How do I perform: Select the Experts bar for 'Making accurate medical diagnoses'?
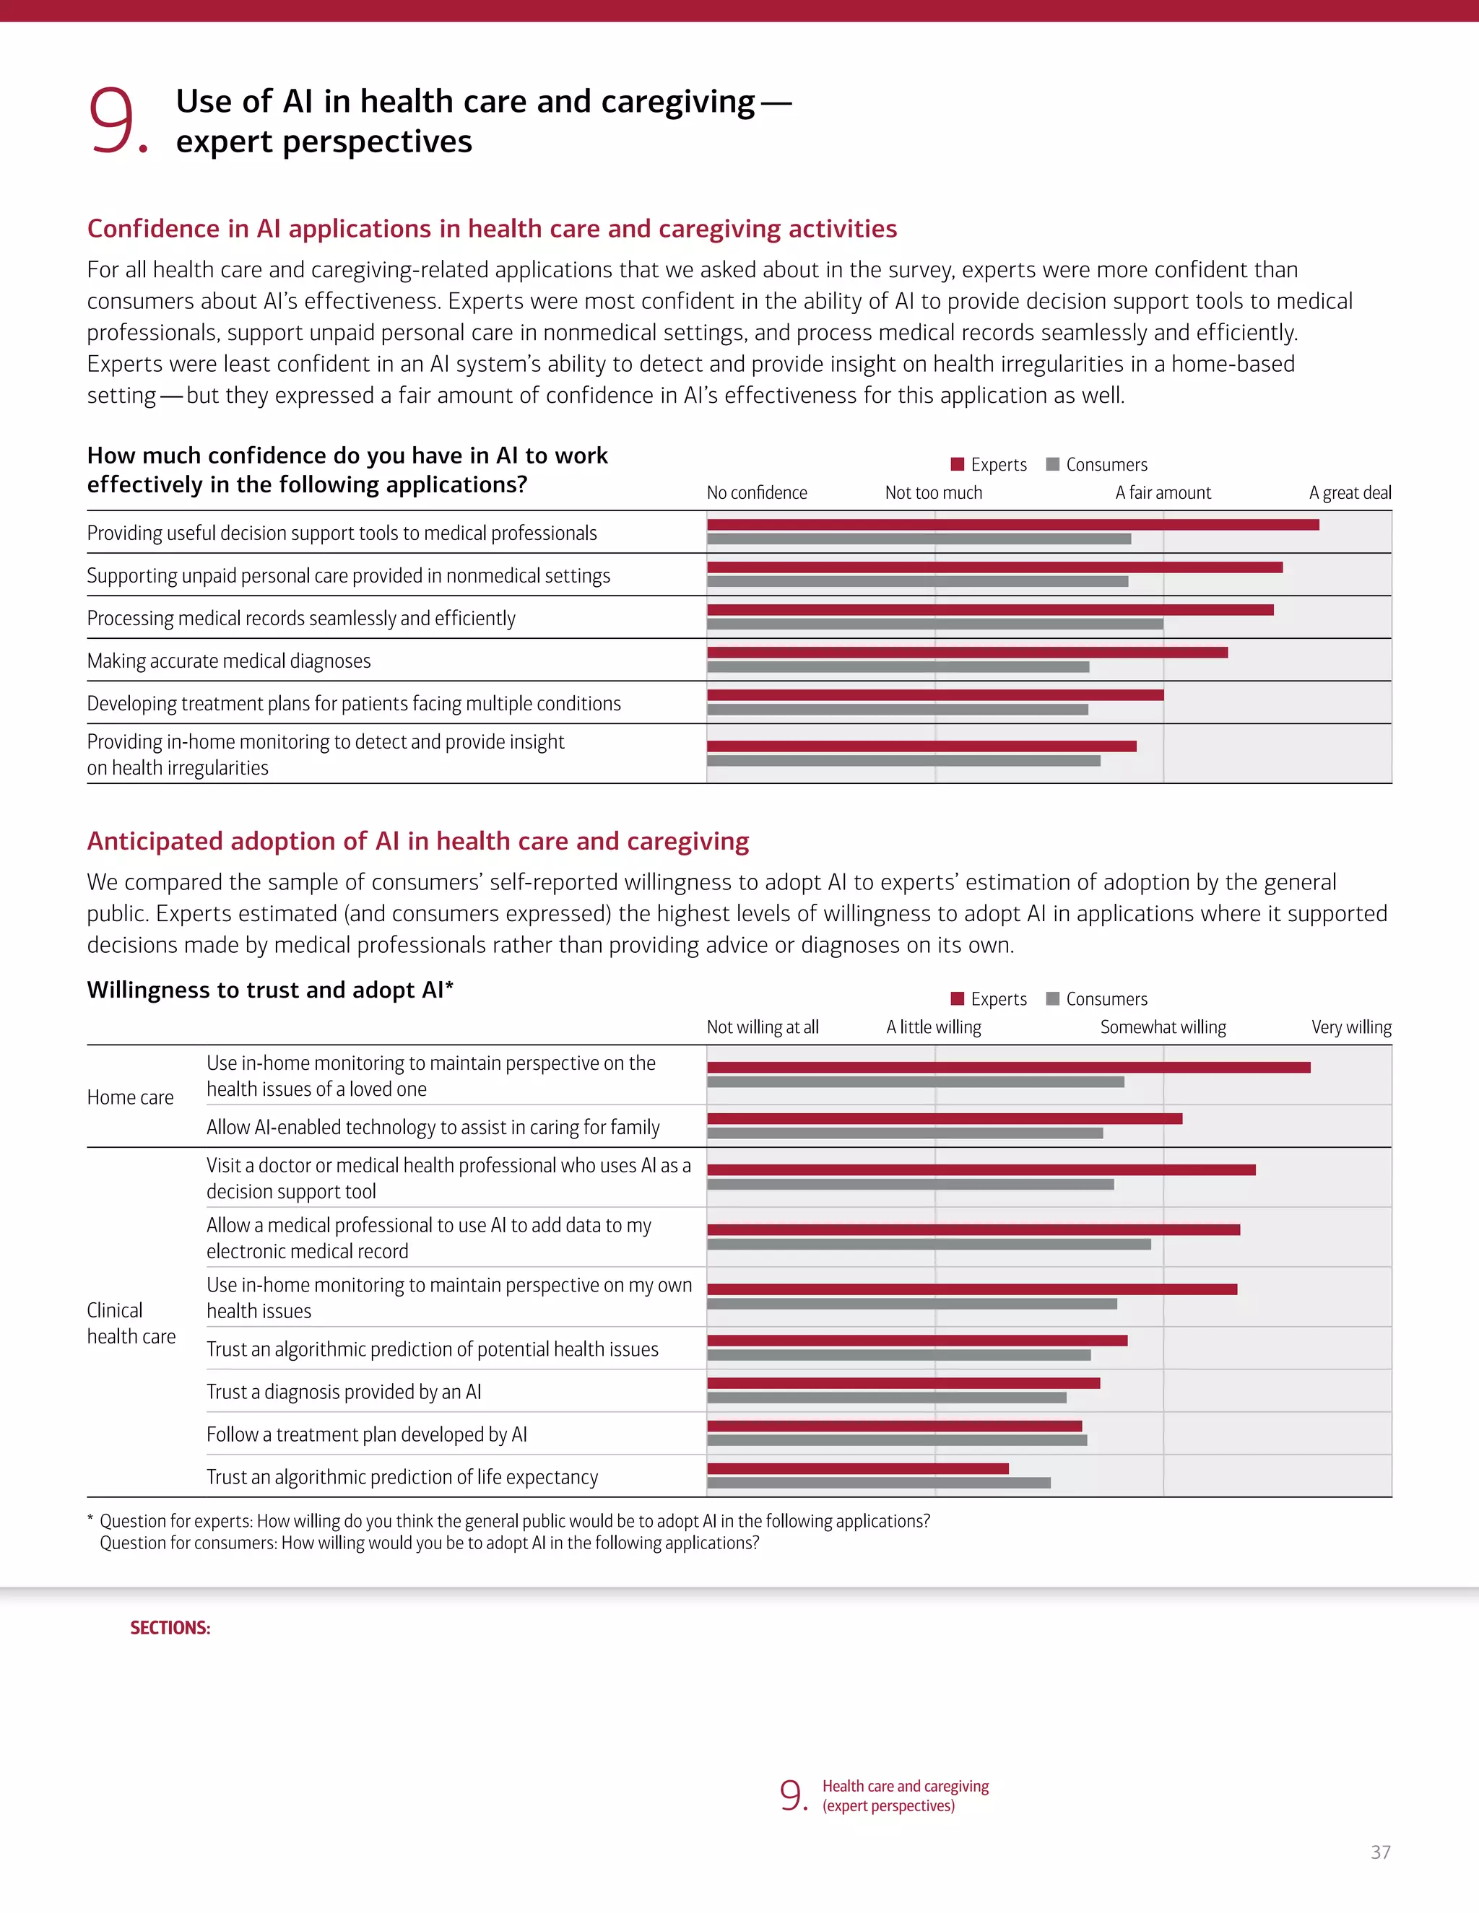966,653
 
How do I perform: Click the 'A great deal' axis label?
1349,492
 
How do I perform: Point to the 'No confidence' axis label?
756,492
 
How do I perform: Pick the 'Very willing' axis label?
1350,1027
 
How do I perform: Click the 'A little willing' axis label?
933,1027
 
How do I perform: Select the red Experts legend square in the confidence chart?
958,464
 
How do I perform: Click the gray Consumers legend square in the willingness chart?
1053,998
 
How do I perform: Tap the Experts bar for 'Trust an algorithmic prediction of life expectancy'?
857,1468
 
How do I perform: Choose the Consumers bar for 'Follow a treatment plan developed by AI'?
896,1440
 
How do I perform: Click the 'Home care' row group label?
130,1097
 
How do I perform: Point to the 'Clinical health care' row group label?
131,1322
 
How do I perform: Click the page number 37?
1380,1852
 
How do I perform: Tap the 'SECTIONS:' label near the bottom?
170,1627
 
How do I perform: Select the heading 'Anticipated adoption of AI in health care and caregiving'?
418,841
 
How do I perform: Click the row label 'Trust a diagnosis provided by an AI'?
344,1392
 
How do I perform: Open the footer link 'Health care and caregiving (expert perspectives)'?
904,1795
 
